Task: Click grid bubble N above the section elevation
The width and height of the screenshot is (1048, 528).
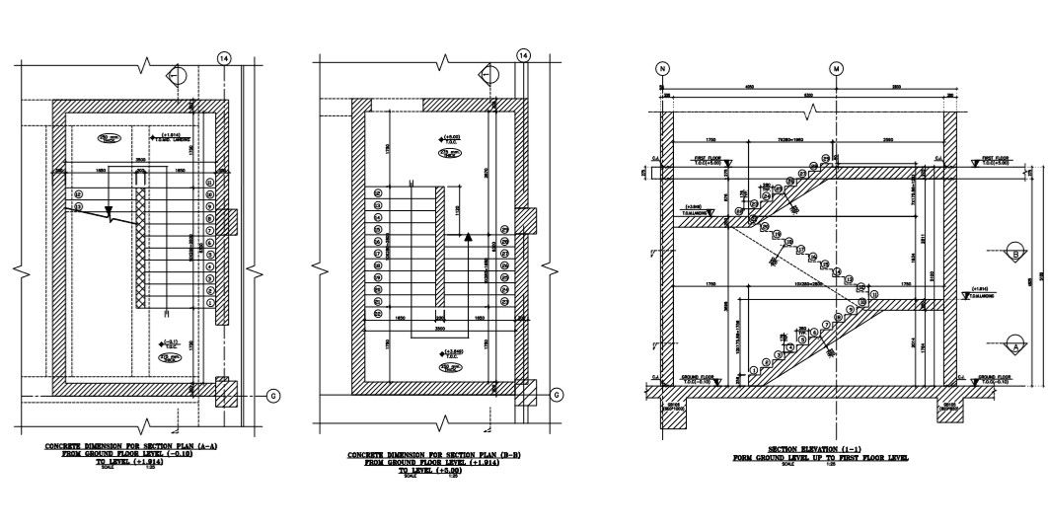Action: point(662,68)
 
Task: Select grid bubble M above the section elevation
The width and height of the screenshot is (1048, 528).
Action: point(837,68)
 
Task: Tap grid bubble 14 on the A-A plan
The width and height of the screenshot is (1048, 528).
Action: point(226,58)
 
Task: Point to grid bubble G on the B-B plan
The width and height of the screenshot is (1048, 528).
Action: point(559,395)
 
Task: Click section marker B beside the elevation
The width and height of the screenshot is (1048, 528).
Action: point(1015,253)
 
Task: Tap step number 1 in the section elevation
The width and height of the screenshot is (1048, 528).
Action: point(754,371)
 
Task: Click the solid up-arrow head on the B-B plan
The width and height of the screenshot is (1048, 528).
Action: point(468,238)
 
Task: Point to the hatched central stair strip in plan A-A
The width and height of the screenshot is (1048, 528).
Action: point(140,252)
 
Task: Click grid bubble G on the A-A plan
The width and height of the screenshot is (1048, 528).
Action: point(273,395)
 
